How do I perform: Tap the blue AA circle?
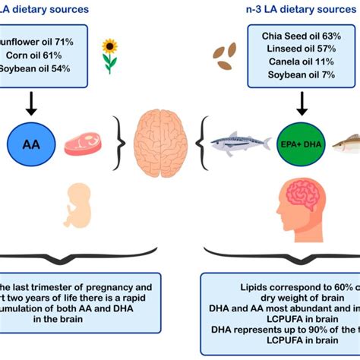[x=31, y=144]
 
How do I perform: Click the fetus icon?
[x=78, y=204]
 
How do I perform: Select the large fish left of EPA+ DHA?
[x=239, y=143]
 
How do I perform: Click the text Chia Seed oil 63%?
[x=302, y=36]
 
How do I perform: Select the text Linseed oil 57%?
[x=302, y=49]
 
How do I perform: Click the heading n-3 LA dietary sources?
[x=289, y=10]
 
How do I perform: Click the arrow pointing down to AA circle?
[x=31, y=104]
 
